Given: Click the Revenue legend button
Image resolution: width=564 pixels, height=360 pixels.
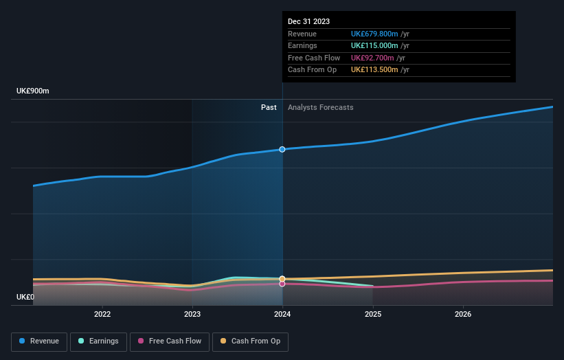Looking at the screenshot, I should coord(40,341).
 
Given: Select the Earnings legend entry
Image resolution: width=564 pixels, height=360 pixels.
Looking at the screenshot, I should coord(98,341).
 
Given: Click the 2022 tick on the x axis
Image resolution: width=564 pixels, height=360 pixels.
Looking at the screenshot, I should coord(102,314).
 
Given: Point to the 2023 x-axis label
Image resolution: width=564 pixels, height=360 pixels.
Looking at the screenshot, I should coord(192,314).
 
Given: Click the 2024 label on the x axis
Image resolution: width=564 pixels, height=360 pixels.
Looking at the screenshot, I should coord(282,314).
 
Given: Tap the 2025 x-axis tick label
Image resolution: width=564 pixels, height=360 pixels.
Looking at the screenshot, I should coord(373,314).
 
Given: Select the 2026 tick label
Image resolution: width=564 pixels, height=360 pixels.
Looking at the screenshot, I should coord(463,314).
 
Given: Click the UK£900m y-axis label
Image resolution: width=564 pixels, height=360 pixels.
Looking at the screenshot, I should coord(33,91).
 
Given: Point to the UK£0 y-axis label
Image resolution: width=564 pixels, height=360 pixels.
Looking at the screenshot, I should coord(25,297).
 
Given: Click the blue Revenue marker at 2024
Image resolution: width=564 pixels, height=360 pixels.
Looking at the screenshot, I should coord(282,149).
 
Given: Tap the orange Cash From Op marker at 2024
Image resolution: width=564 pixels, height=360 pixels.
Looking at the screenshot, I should coord(282,279).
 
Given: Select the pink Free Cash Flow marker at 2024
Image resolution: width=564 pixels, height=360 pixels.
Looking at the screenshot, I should coord(282,284).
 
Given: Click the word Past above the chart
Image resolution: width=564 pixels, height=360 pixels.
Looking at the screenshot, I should coord(269,107).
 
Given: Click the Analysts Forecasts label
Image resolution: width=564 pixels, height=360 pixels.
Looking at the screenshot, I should coord(321,107).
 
